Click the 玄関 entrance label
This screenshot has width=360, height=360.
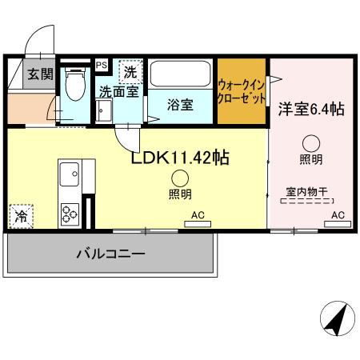[x=19, y=75]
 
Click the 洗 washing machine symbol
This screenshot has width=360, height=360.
[x=130, y=72]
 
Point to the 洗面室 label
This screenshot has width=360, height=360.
[x=118, y=92]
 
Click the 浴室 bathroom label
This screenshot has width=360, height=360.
[x=179, y=105]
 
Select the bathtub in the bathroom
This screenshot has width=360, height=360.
[x=181, y=76]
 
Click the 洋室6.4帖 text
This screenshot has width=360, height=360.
[x=311, y=109]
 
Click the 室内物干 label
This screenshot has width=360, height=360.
[x=309, y=191]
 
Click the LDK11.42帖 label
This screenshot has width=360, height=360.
[x=180, y=157]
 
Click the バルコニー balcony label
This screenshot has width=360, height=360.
[x=110, y=254]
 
